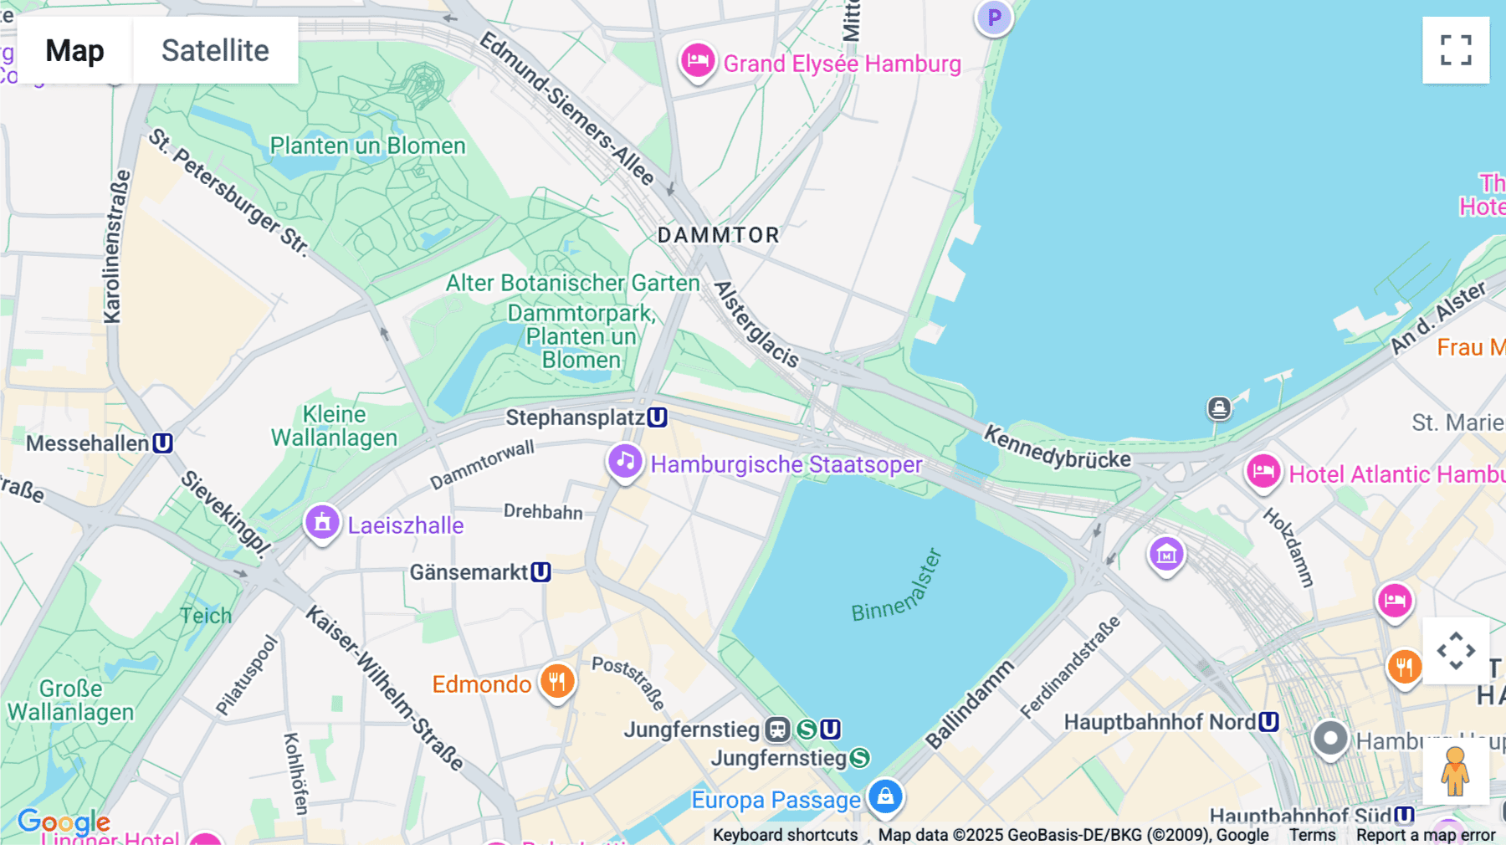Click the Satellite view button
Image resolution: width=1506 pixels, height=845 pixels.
pos(215,50)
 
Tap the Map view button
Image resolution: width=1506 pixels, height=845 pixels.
pos(74,50)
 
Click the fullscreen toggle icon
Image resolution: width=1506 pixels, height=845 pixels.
pos(1456,50)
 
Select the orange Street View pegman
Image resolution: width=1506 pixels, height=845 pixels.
pos(1455,771)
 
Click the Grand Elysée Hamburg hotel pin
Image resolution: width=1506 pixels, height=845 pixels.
pos(697,61)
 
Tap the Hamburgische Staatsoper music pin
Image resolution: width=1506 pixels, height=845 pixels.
pos(625,462)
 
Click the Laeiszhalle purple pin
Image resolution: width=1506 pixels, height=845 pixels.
pos(322,523)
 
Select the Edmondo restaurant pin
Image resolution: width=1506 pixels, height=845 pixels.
pos(557,682)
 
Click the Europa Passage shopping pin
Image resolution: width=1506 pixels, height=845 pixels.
pos(885,796)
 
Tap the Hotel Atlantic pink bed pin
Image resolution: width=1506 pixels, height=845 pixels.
pos(1263,472)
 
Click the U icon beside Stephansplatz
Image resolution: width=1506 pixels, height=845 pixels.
pos(658,417)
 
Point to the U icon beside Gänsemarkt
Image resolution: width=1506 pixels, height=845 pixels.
pos(541,572)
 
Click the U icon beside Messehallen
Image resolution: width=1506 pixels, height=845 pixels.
pos(163,443)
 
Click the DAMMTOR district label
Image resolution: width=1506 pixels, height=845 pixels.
pos(718,235)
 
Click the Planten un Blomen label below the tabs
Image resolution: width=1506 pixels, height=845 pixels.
pos(367,146)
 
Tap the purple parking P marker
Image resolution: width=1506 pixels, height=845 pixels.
pos(994,17)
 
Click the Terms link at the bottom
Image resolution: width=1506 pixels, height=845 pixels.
pos(1312,834)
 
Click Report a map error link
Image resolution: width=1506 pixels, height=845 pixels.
pos(1426,834)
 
